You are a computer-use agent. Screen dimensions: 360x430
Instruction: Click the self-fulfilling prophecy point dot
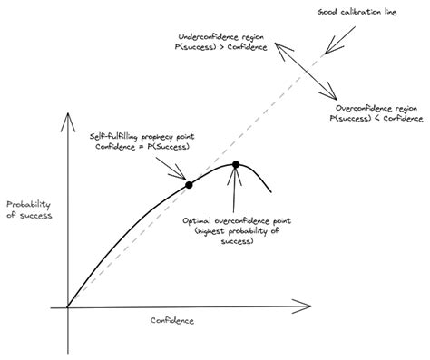(189, 184)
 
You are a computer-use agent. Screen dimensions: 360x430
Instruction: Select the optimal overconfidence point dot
(236, 165)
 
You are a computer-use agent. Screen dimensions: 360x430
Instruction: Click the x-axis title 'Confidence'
(172, 321)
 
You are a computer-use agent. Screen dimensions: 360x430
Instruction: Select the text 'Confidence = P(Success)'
(141, 147)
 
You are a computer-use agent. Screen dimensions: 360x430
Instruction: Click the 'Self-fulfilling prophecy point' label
(141, 135)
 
